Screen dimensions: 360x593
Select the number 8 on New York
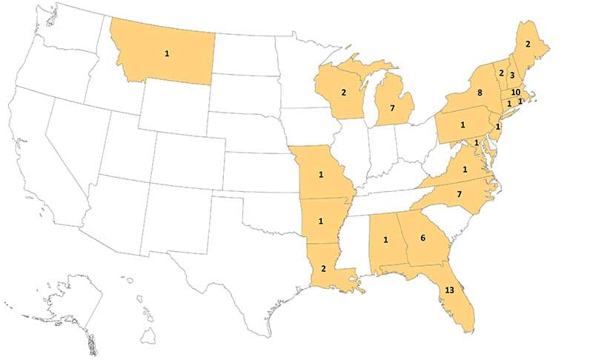pos(481,93)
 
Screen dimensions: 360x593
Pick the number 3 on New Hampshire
pos(511,76)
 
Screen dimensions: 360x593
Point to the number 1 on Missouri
pos(321,175)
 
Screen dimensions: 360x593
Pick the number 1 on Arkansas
pos(321,221)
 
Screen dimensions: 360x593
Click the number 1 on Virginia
pos(465,170)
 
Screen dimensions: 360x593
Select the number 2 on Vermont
pos(501,73)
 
